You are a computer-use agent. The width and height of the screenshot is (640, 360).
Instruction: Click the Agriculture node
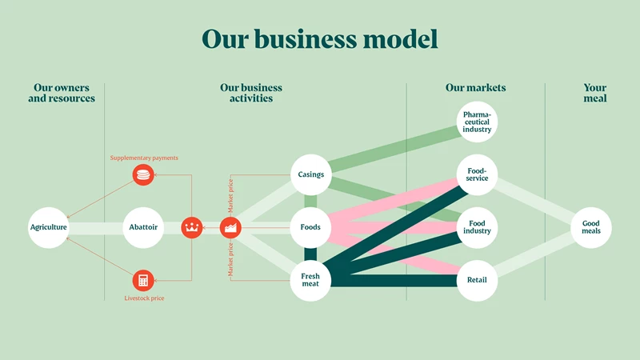pyautogui.click(x=49, y=227)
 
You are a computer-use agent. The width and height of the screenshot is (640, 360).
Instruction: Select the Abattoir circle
pyautogui.click(x=143, y=227)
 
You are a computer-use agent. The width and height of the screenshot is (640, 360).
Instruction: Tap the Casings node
pyautogui.click(x=310, y=174)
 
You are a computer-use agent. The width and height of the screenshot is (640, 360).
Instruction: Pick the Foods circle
pyautogui.click(x=310, y=227)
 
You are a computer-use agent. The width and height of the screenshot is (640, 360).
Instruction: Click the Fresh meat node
pyautogui.click(x=310, y=281)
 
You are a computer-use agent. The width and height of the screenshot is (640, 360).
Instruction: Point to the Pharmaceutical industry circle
pyautogui.click(x=477, y=122)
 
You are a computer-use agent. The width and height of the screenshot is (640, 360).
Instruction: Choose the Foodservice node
pyautogui.click(x=477, y=174)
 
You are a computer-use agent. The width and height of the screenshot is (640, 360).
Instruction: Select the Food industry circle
pyautogui.click(x=477, y=227)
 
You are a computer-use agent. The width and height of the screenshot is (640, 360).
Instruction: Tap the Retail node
pyautogui.click(x=477, y=281)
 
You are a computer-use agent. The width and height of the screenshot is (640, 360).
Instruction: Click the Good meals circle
pyautogui.click(x=591, y=227)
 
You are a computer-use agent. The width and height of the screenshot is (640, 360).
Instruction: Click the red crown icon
pyautogui.click(x=192, y=227)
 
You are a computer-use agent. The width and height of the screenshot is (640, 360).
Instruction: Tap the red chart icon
pyautogui.click(x=230, y=227)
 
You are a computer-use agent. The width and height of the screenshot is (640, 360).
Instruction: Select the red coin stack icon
pyautogui.click(x=143, y=174)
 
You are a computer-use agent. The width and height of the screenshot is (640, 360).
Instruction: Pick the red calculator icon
pyautogui.click(x=143, y=281)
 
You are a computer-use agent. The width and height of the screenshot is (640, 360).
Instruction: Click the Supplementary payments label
pyautogui.click(x=144, y=158)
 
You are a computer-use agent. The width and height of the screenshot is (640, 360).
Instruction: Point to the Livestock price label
pyautogui.click(x=144, y=298)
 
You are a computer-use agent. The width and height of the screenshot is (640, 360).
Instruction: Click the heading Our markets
pyautogui.click(x=475, y=88)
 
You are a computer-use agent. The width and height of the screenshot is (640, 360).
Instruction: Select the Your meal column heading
pyautogui.click(x=595, y=93)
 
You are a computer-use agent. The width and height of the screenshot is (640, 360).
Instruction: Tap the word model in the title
pyautogui.click(x=401, y=39)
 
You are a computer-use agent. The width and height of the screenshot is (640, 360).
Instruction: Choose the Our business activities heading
pyautogui.click(x=251, y=93)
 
